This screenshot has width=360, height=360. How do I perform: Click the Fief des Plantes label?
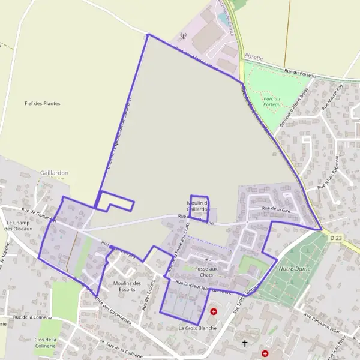pos(42,103)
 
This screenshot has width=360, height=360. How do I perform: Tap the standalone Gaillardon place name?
pos(54,172)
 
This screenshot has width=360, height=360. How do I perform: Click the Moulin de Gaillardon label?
pos(198,206)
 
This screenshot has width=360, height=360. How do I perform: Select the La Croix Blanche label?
pos(197,328)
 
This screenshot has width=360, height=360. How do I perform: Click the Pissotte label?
pos(253,56)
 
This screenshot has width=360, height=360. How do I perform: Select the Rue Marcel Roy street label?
pos(331,97)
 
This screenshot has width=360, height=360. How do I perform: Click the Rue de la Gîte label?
pos(276,209)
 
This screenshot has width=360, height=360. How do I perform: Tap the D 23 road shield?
pos(336,238)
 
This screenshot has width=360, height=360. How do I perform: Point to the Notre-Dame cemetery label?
pos(295,269)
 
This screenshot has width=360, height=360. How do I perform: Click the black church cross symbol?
pos(244,344)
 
